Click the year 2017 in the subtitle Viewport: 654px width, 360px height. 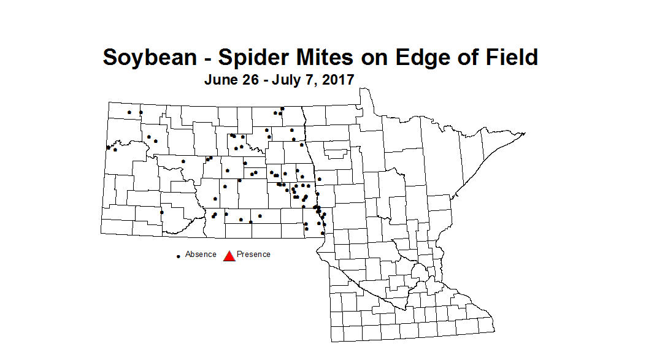(337, 80)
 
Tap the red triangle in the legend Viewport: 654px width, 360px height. (229, 256)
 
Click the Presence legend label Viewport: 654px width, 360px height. (253, 254)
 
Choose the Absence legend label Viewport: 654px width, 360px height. (201, 254)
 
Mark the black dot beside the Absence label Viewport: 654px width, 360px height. (179, 256)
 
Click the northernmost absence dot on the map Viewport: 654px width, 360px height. (282, 109)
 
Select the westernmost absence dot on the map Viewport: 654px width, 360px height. (109, 147)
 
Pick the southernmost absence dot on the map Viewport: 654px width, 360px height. (323, 234)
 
